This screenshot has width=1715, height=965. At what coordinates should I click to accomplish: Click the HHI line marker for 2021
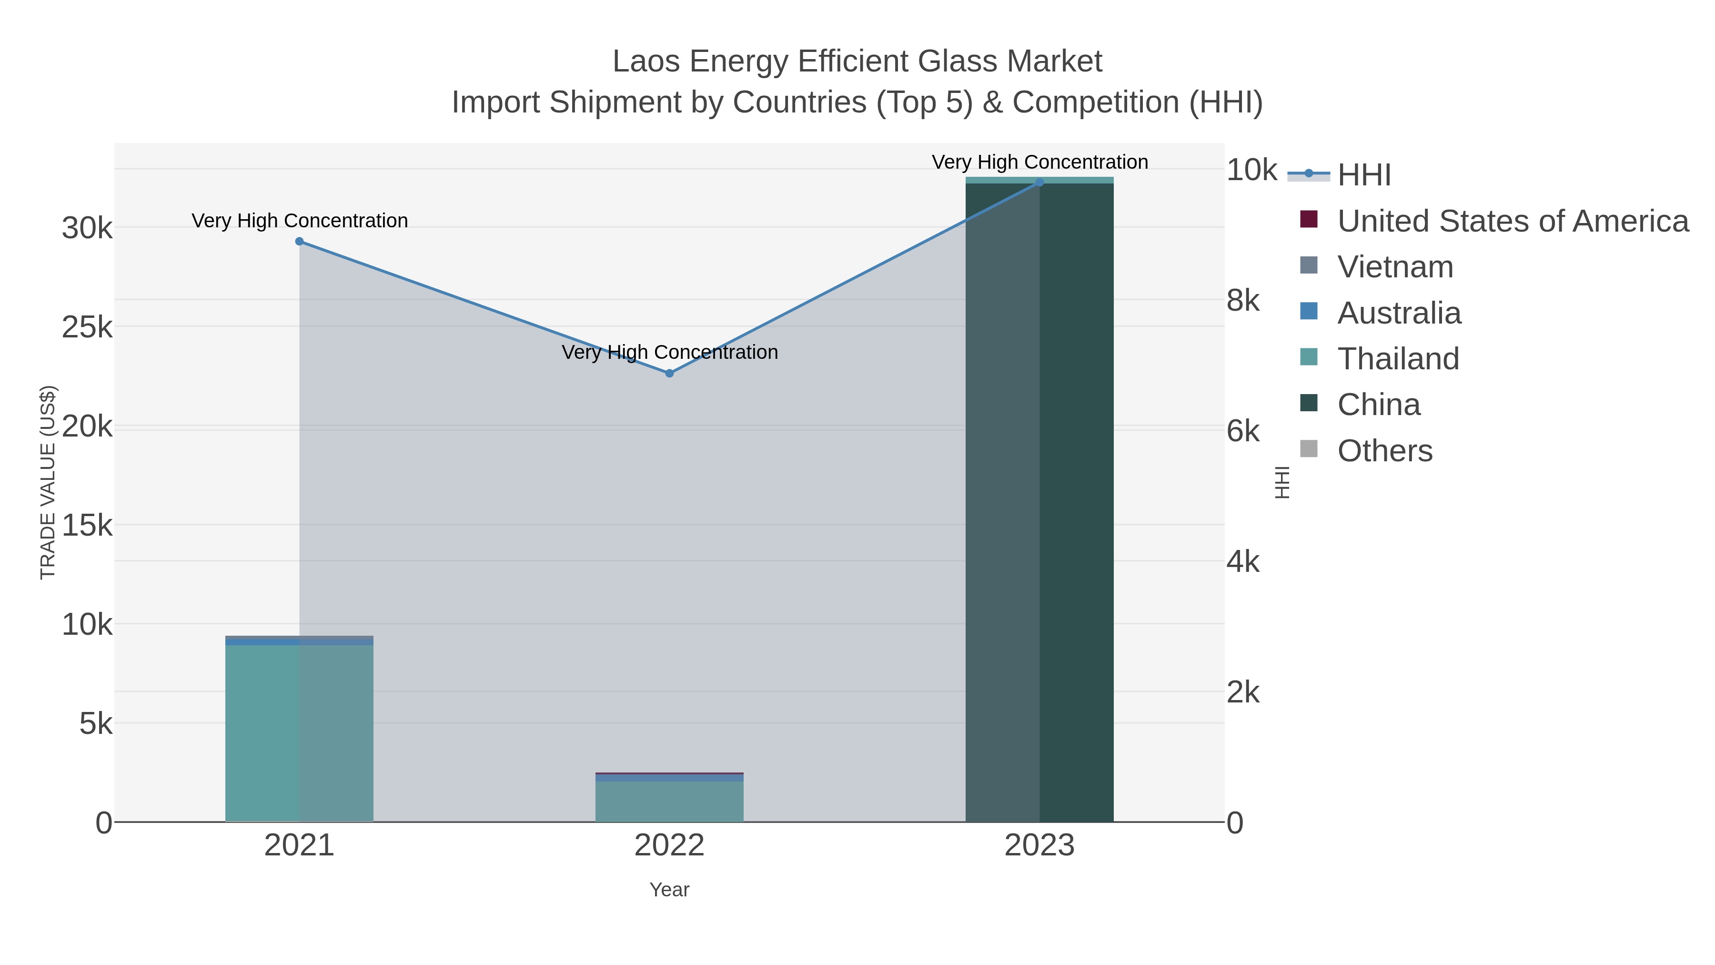300,241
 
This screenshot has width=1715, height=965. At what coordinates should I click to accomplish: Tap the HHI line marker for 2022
670,373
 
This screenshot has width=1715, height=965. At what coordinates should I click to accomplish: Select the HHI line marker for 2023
1039,182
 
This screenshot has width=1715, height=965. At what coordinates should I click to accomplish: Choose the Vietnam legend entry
1395,267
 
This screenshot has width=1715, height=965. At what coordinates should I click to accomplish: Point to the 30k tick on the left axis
87,228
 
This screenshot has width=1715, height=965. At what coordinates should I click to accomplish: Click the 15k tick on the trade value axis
87,526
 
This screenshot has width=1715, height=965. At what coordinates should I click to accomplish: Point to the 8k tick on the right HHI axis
1242,301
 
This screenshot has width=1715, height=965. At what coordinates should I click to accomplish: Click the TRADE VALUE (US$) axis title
48,482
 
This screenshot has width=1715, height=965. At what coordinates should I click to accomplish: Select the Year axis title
669,890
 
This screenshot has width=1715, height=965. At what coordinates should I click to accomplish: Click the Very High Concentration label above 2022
670,352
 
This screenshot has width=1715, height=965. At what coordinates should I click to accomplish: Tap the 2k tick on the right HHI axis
1242,692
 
